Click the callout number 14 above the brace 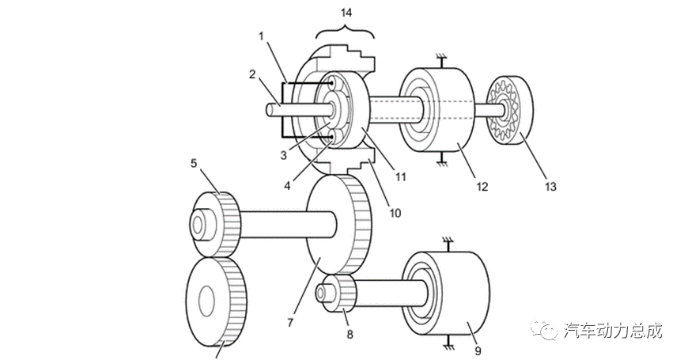pyautogui.click(x=346, y=13)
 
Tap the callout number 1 pyautogui.click(x=261, y=36)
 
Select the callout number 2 pyautogui.click(x=252, y=74)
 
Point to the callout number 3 pyautogui.click(x=284, y=155)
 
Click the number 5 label pyautogui.click(x=194, y=164)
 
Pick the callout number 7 pyautogui.click(x=290, y=323)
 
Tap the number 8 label pyautogui.click(x=350, y=335)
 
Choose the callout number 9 pyautogui.click(x=478, y=351)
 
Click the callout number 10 pyautogui.click(x=395, y=213)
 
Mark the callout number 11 pyautogui.click(x=400, y=177)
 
